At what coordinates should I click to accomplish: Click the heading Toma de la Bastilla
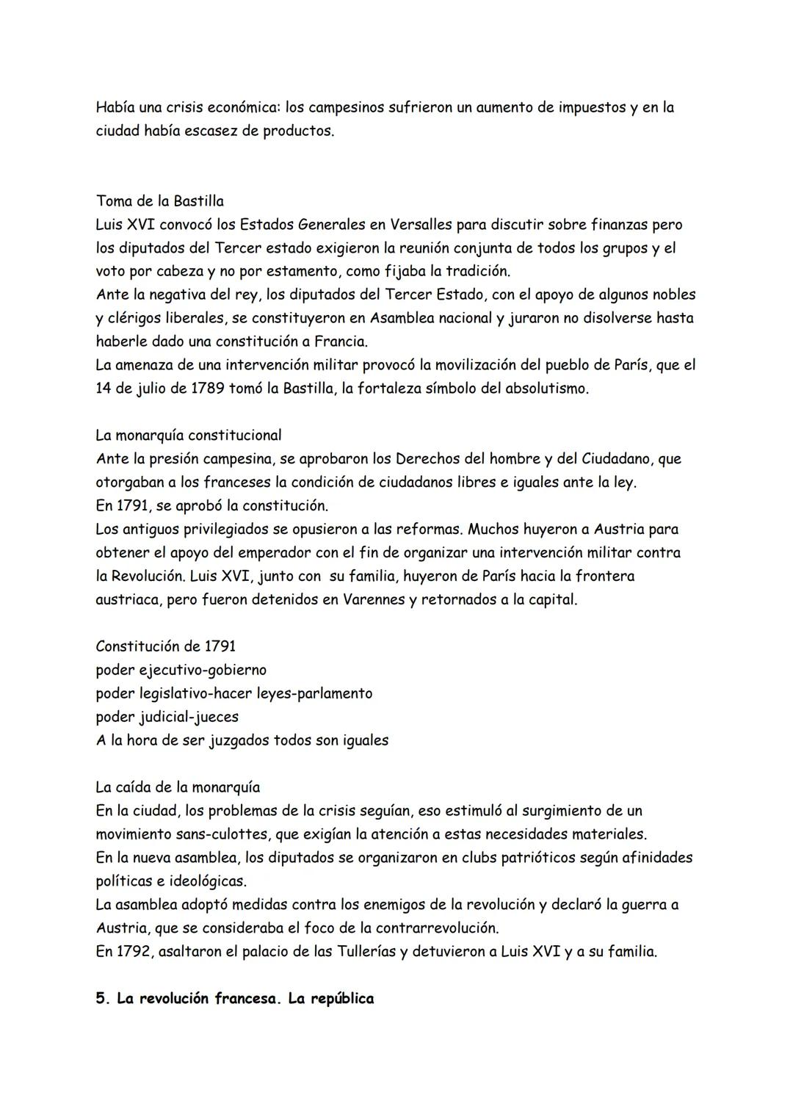click(x=159, y=201)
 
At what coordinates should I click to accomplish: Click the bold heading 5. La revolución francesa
click(x=234, y=999)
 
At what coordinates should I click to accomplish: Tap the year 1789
click(x=207, y=389)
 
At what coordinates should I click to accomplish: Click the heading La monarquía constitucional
click(x=188, y=436)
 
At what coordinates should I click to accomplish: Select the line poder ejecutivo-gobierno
click(x=181, y=670)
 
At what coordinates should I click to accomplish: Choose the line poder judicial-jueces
click(x=167, y=717)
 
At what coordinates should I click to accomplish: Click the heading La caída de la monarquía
click(x=178, y=787)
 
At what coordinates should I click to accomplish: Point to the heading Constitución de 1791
click(x=165, y=646)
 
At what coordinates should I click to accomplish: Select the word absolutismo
click(x=546, y=389)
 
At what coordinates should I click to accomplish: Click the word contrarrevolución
click(x=430, y=928)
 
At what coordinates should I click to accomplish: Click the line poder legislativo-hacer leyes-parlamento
click(x=233, y=693)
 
